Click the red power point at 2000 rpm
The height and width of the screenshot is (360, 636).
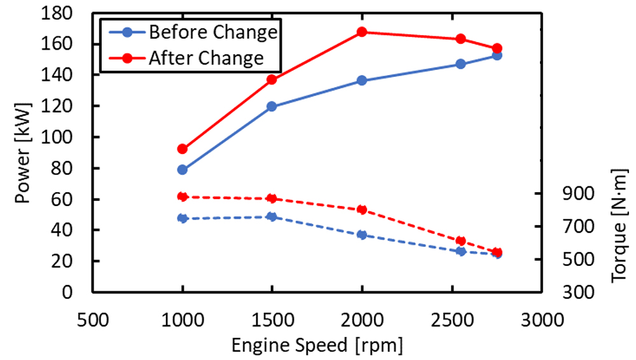pyautogui.click(x=362, y=32)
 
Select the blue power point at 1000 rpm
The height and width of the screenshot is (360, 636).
pyautogui.click(x=183, y=170)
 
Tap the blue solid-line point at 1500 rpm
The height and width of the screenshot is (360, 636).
pyautogui.click(x=272, y=107)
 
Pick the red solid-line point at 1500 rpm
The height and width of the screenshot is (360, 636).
pyautogui.click(x=272, y=80)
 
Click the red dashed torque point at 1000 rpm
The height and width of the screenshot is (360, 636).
pyautogui.click(x=183, y=197)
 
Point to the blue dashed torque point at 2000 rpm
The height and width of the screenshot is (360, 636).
pyautogui.click(x=362, y=235)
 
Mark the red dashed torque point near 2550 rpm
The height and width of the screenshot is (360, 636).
pyautogui.click(x=461, y=241)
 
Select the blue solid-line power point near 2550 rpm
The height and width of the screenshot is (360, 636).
pyautogui.click(x=461, y=64)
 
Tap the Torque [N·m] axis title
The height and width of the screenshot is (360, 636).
pyautogui.click(x=618, y=226)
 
